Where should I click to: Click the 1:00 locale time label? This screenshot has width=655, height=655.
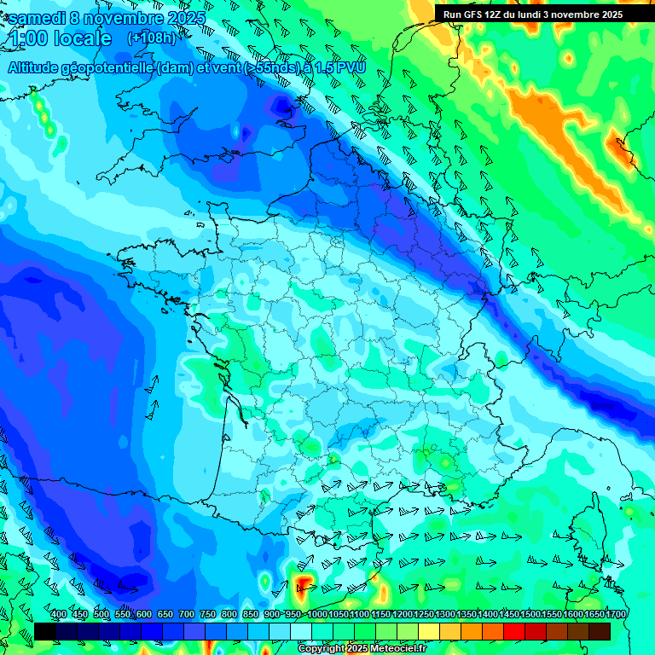(60, 38)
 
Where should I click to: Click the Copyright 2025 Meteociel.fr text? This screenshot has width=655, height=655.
(362, 649)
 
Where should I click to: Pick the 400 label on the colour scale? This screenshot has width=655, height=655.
(59, 615)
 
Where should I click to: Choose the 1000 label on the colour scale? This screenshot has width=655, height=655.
(316, 615)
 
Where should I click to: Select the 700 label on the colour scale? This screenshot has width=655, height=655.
(187, 615)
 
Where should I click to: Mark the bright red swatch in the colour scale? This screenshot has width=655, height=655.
(514, 631)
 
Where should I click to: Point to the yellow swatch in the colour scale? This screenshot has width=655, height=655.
(429, 631)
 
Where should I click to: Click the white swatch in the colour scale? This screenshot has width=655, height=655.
(301, 631)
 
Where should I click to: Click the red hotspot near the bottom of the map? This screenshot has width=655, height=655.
(304, 585)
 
